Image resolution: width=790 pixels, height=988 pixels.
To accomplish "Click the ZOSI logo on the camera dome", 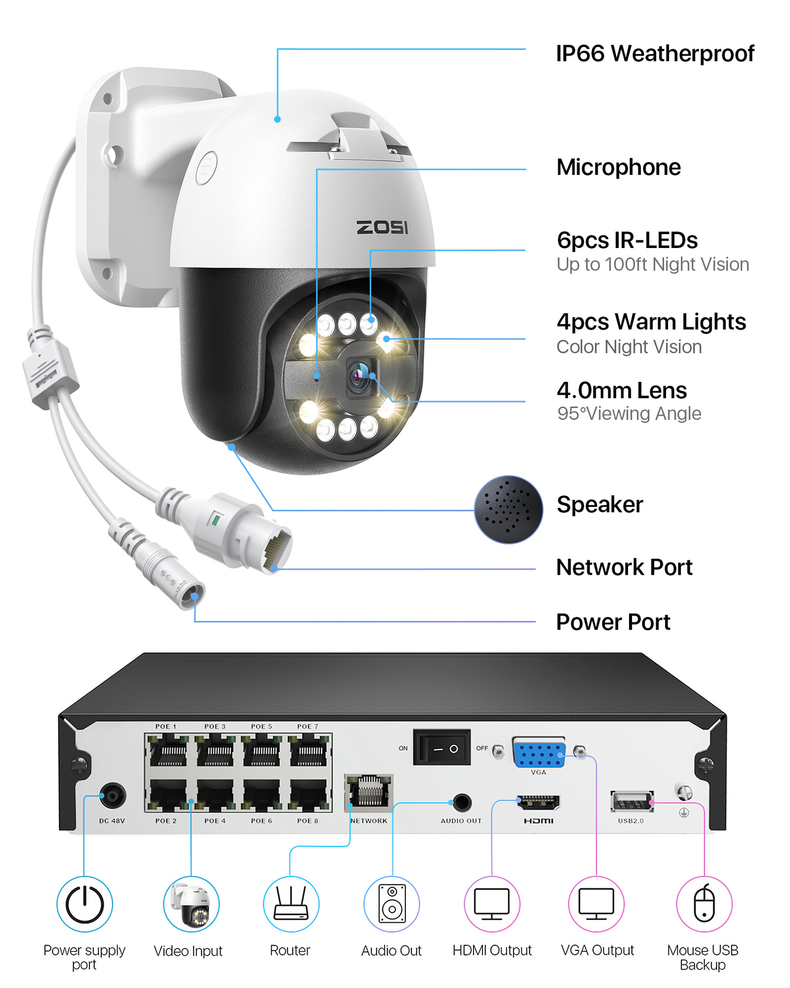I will (x=382, y=227).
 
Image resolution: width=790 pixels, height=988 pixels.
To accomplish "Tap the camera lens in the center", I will (x=360, y=377).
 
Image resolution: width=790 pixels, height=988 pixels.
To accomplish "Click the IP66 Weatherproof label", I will (x=655, y=54).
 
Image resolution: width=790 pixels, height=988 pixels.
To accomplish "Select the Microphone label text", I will (x=618, y=167).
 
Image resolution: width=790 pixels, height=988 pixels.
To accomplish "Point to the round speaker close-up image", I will (x=508, y=509).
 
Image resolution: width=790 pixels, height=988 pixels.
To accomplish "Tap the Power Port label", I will (x=613, y=622).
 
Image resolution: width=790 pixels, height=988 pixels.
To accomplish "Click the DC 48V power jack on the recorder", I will (x=112, y=797).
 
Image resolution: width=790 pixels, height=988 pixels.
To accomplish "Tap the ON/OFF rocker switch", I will (x=442, y=748).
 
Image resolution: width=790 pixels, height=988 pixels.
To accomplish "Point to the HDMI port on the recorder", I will (x=538, y=802).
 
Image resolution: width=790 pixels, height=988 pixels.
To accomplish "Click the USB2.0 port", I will (x=632, y=802).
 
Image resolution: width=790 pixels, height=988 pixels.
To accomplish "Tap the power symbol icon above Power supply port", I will (x=84, y=904).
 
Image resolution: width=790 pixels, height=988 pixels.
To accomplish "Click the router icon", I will (x=291, y=904).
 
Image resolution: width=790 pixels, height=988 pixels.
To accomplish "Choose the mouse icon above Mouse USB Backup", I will (x=704, y=904).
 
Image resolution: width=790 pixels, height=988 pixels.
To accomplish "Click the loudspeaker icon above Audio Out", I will (x=391, y=904).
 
